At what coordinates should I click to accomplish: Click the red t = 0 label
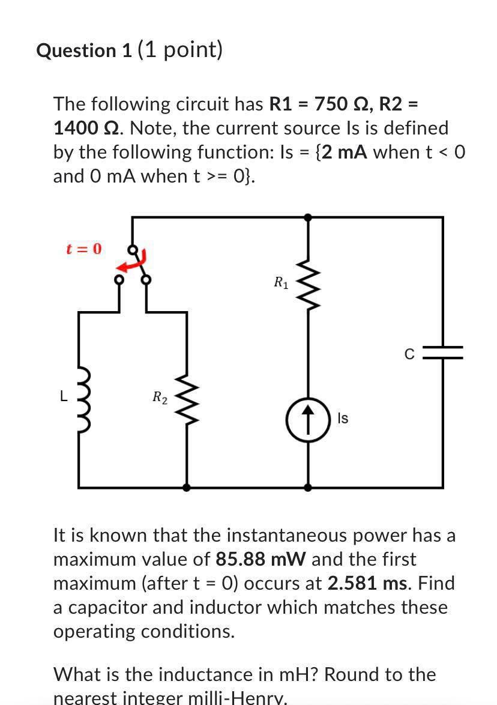83,249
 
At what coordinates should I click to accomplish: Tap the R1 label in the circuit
280,282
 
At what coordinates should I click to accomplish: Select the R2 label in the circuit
160,396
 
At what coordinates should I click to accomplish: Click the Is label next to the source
343,419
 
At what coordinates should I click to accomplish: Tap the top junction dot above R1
308,217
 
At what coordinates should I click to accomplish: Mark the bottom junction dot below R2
187,488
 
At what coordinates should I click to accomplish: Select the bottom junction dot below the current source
308,488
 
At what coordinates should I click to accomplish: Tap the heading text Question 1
84,50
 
